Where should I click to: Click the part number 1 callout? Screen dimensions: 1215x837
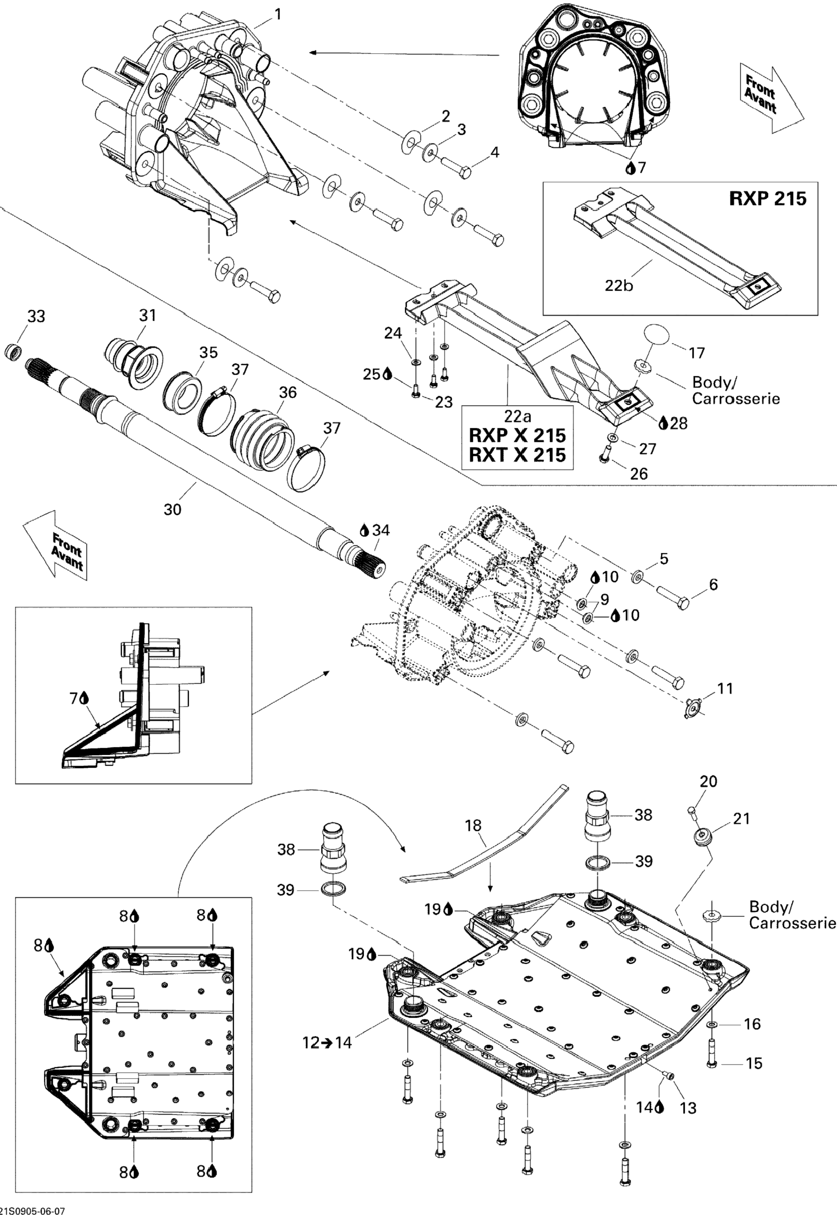pos(278,15)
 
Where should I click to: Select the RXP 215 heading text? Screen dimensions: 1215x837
pos(768,199)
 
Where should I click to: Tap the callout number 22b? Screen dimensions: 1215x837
pos(619,286)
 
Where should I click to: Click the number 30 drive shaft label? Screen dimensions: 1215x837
pos(173,509)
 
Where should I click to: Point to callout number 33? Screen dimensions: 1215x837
pos(36,316)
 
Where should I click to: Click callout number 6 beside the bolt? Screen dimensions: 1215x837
pos(713,584)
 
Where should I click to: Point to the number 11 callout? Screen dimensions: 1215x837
pos(725,688)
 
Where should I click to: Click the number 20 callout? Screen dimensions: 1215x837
pos(708,781)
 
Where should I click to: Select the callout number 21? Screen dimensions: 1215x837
pos(741,818)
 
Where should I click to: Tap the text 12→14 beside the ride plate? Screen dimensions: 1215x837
pos(328,1043)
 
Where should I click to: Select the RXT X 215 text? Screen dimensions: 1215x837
pos(517,455)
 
